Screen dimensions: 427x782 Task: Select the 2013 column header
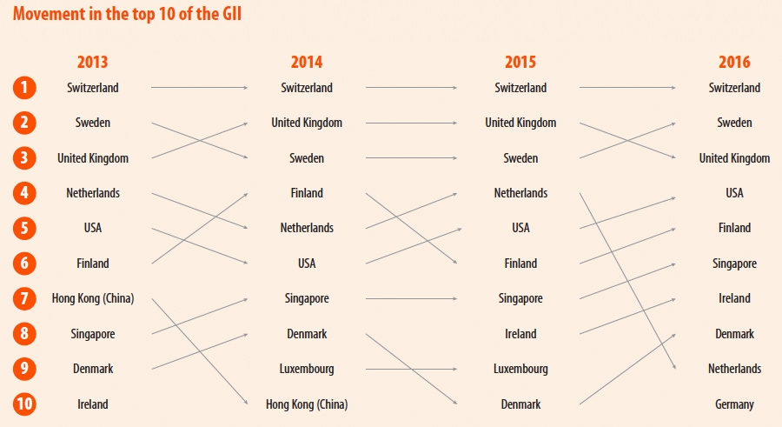(x=92, y=62)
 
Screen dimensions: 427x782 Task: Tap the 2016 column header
(x=734, y=62)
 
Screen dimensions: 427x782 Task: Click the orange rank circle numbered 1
(x=25, y=88)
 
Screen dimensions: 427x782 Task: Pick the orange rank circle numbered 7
(x=25, y=298)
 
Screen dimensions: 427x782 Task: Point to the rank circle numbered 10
(x=25, y=404)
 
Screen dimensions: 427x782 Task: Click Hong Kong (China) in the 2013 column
(x=93, y=298)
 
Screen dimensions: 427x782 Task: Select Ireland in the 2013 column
(x=93, y=404)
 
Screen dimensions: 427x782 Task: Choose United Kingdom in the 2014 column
(x=307, y=123)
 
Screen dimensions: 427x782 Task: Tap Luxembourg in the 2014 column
(x=307, y=369)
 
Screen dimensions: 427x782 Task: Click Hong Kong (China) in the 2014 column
(x=307, y=404)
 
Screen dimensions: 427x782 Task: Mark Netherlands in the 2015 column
(x=520, y=193)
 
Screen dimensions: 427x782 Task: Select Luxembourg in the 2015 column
(x=520, y=369)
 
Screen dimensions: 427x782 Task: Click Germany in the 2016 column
(x=734, y=404)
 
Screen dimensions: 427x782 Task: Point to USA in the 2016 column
(x=734, y=193)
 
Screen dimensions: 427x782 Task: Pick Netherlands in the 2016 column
(x=734, y=369)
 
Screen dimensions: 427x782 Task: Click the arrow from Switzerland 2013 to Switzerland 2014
(x=200, y=88)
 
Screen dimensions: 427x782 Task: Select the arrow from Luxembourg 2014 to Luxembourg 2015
(x=413, y=369)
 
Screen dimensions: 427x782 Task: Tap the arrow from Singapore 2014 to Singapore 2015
(x=413, y=298)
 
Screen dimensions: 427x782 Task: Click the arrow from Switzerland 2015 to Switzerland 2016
(x=627, y=88)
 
